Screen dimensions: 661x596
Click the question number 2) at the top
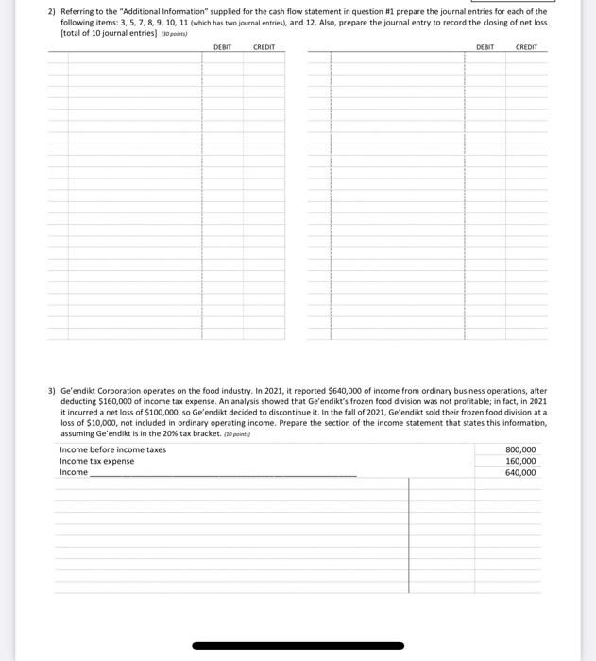pyautogui.click(x=53, y=12)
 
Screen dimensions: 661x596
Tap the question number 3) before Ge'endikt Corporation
pyautogui.click(x=53, y=390)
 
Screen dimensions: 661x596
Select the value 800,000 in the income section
pyautogui.click(x=520, y=449)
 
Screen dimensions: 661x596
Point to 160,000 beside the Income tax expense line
pyautogui.click(x=520, y=461)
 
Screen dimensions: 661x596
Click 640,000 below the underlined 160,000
pyautogui.click(x=520, y=472)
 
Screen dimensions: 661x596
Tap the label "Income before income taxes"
pyautogui.click(x=112, y=449)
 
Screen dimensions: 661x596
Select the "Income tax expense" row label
pyautogui.click(x=96, y=461)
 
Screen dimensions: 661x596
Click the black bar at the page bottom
pyautogui.click(x=298, y=646)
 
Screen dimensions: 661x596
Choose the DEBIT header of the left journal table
pyautogui.click(x=222, y=47)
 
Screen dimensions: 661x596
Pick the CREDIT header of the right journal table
pyautogui.click(x=526, y=47)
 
